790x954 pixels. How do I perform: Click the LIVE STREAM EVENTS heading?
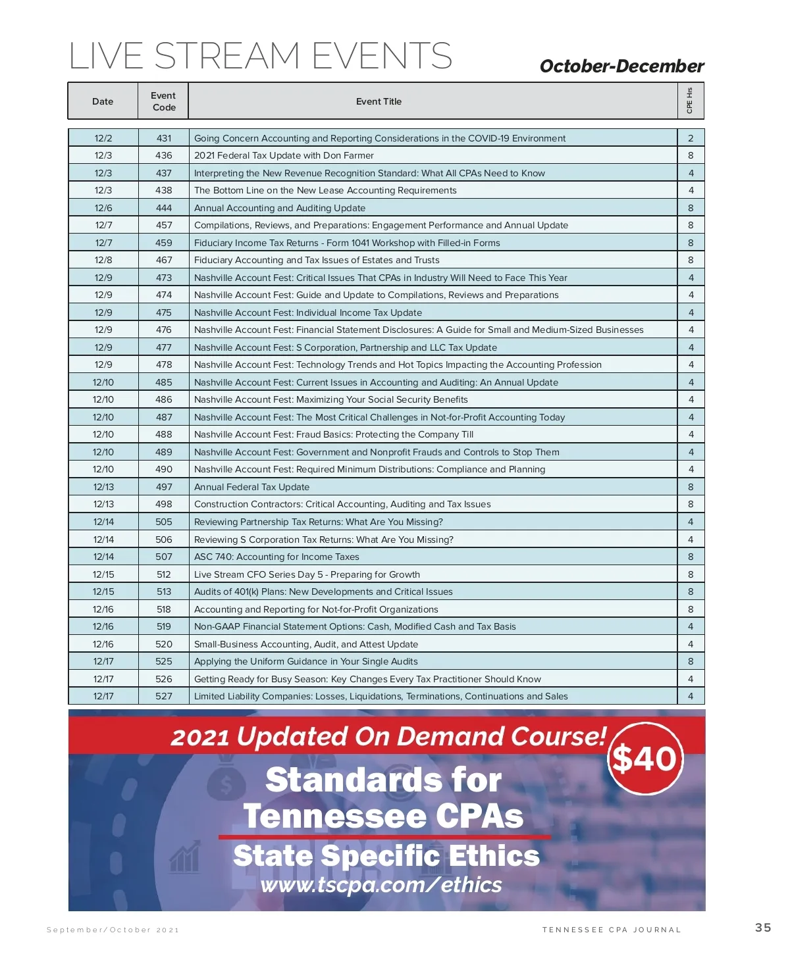pos(261,56)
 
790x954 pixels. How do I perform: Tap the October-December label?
pos(621,66)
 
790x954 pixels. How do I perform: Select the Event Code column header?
pos(163,101)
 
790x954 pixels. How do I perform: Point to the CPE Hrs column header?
pos(690,101)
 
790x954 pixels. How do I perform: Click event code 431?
pos(164,138)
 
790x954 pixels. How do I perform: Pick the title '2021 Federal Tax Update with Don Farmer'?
pos(284,156)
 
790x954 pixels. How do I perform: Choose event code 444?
pos(164,208)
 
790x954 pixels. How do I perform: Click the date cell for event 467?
pos(103,260)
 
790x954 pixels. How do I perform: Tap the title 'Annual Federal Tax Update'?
pos(251,487)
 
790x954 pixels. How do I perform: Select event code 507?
pos(164,557)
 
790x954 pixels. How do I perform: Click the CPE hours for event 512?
pos(691,574)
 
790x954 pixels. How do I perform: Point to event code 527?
pos(164,696)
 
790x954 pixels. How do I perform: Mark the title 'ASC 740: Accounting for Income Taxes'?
pos(276,557)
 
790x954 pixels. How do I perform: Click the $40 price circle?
pos(645,758)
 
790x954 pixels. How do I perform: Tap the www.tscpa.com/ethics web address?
pos(381,885)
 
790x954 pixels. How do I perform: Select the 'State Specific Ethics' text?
pos(386,856)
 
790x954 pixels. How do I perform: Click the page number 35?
pos(763,928)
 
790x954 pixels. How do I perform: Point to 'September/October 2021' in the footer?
pos(113,930)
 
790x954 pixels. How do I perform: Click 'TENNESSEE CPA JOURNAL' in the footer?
pos(612,930)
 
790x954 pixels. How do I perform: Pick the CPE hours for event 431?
pos(691,138)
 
